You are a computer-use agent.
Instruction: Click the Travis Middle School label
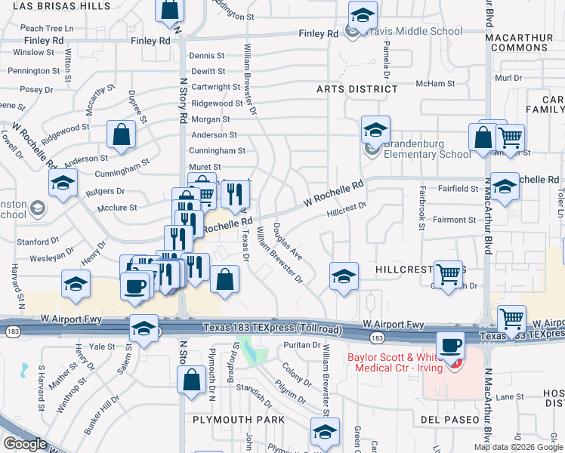414,32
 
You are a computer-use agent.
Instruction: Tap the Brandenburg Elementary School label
426,149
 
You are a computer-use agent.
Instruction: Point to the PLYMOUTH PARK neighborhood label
238,420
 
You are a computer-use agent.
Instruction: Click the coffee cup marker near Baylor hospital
451,345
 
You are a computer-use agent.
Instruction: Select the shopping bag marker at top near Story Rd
170,10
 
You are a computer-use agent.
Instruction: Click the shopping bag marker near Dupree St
121,135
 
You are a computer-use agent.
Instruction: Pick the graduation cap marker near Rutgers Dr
63,182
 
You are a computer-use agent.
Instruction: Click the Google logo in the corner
25,444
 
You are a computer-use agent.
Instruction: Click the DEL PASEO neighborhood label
451,420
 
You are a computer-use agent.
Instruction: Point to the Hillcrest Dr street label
347,209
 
